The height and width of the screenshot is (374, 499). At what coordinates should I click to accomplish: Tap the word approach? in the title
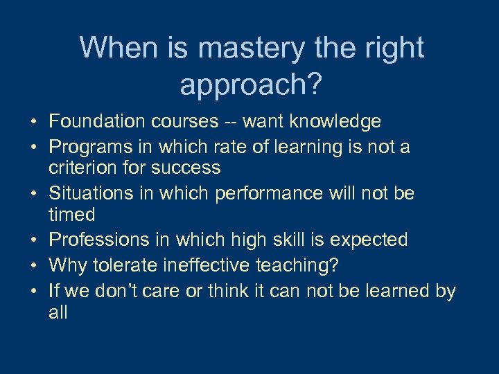251,84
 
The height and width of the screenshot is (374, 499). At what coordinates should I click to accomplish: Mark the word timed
72,214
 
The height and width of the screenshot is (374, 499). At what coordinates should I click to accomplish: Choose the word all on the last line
58,312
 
